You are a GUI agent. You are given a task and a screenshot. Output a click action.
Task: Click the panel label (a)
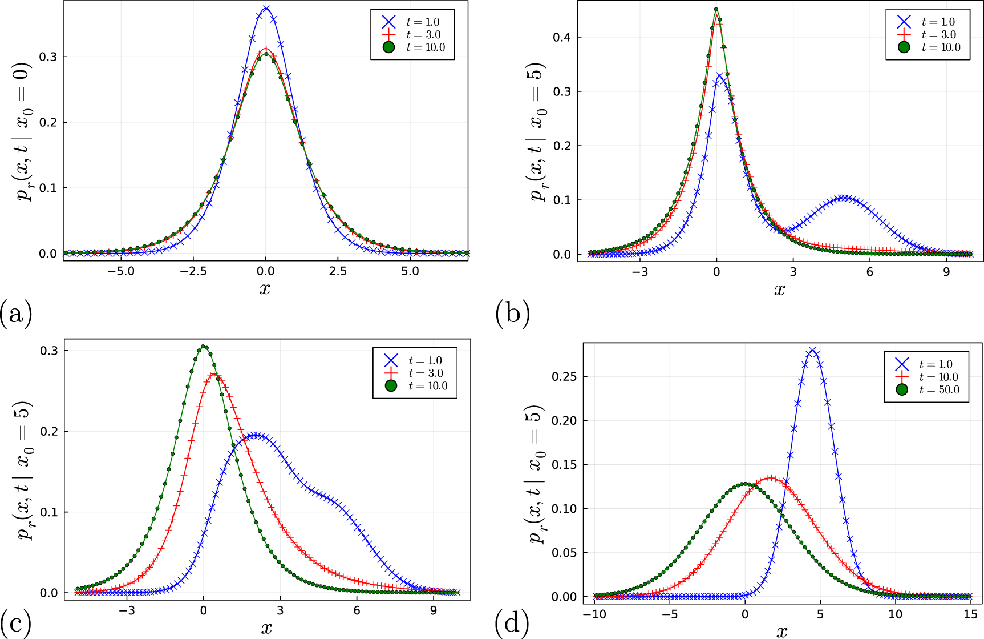(16, 314)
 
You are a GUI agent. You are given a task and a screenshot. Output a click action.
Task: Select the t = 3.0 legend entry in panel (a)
(423, 35)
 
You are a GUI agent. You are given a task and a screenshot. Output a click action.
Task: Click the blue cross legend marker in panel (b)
(904, 22)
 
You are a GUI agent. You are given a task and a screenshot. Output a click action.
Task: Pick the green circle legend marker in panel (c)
(391, 385)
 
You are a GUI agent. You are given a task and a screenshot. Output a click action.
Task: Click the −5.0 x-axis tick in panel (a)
(120, 271)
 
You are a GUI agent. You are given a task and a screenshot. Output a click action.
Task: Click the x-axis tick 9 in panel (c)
(434, 610)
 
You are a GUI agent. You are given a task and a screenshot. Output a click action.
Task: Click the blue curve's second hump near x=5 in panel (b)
(844, 198)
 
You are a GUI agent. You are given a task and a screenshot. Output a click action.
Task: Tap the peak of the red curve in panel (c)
(214, 374)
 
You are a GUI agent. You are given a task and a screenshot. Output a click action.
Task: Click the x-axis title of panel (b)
(779, 289)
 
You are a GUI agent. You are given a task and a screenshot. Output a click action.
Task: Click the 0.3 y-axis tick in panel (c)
(49, 351)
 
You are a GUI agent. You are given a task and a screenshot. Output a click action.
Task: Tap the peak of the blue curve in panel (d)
(812, 349)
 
